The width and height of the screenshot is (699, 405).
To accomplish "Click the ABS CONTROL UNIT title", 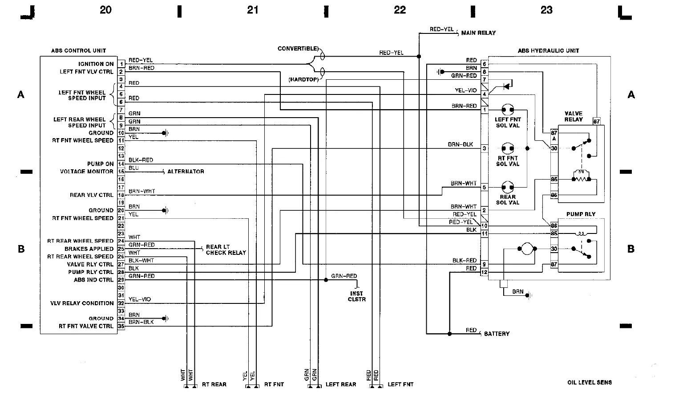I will pos(78,51).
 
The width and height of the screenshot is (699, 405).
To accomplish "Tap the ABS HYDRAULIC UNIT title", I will pos(548,51).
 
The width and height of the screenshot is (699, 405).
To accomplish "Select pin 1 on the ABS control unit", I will pos(121,64).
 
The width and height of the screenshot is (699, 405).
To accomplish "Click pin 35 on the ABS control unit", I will pos(121,326).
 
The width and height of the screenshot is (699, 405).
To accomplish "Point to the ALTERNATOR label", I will pos(186,172).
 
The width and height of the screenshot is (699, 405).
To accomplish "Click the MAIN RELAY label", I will pos(478,33).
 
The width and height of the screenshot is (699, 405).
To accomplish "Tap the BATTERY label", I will pos(497,334).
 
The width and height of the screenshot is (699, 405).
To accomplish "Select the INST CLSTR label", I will pos(356,296).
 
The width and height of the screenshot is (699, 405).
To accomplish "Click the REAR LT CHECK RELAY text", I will pos(226,250).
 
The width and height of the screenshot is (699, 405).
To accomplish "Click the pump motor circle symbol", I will pos(526,249).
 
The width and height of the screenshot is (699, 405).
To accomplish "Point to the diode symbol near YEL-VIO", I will pos(507,86).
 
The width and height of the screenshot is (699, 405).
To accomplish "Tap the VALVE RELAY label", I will pos(573,116).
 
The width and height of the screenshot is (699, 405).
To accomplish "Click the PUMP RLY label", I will pos(581,214).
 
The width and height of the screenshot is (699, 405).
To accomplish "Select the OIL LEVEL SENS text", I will pos(589,382).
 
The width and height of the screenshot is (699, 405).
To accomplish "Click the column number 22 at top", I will pos(400,10).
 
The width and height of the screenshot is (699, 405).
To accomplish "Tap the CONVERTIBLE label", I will pos(298,49).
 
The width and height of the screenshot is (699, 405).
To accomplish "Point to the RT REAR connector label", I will pos(214,384).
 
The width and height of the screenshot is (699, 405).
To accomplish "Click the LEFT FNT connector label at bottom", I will pos(400,384).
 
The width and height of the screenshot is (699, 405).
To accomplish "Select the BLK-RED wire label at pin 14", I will pos(141,160).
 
